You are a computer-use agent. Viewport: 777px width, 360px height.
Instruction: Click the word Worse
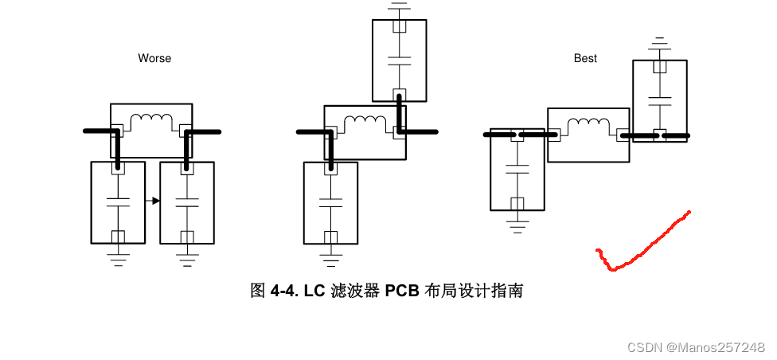point(154,58)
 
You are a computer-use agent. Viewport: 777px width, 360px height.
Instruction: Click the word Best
point(585,58)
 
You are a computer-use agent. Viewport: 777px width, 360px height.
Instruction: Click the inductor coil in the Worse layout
point(151,120)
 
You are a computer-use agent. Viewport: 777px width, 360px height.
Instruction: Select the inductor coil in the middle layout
point(365,123)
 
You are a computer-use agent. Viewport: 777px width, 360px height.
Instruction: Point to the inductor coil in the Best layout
point(588,124)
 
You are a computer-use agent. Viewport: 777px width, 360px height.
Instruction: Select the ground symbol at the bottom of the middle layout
point(330,256)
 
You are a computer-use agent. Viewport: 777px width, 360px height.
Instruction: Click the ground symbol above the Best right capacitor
point(658,41)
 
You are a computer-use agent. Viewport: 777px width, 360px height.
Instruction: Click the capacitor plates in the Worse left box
point(118,201)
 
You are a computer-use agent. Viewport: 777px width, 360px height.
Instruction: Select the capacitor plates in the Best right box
point(658,100)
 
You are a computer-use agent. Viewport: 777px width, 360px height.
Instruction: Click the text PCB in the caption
point(402,291)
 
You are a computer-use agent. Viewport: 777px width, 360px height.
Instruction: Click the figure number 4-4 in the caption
point(283,291)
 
